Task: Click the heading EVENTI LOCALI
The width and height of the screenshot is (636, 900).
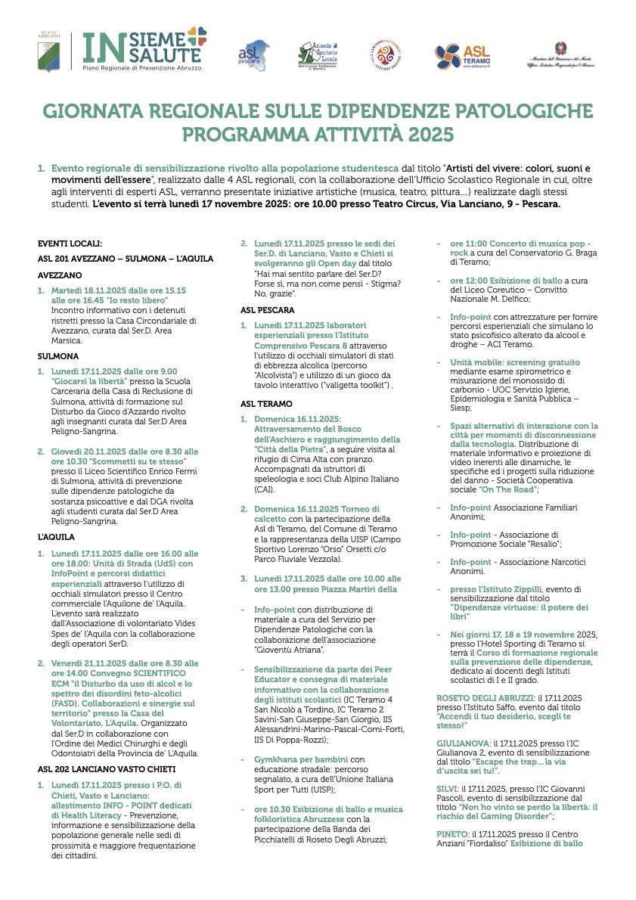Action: (x=70, y=244)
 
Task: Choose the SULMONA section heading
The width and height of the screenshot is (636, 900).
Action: (x=57, y=355)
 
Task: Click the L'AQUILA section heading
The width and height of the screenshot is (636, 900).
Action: (x=56, y=537)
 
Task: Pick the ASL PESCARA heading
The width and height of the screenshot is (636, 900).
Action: (x=268, y=310)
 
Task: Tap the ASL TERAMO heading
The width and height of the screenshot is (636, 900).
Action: (x=266, y=404)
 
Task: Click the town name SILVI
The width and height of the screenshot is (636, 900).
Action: (x=448, y=787)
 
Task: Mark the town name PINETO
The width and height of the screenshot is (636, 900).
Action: (x=452, y=833)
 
